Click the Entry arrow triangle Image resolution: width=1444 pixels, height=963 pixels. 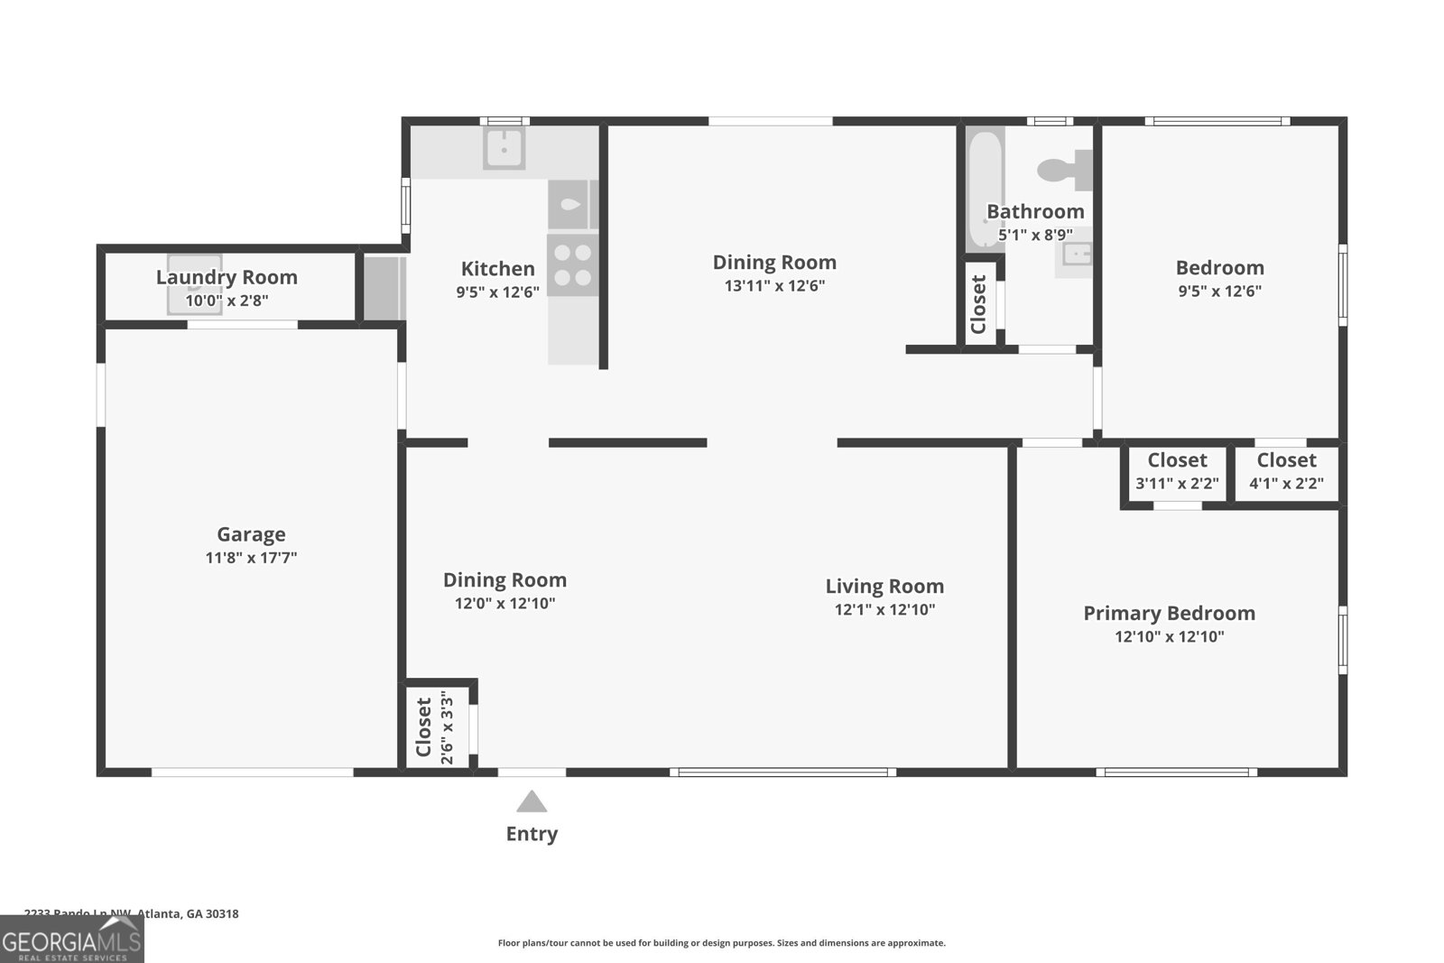tap(532, 802)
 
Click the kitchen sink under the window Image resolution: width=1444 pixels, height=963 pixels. tap(504, 148)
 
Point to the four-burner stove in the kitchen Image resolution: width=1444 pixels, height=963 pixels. tap(572, 265)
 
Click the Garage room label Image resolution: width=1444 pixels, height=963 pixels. tap(251, 534)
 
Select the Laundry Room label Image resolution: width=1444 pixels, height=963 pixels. tap(227, 277)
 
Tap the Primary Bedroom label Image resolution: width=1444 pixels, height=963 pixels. tap(1169, 613)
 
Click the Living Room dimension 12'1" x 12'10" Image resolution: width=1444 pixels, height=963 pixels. tap(884, 609)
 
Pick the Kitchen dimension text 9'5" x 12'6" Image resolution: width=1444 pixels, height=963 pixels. tap(497, 292)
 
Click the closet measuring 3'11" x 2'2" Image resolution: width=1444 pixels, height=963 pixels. tap(1177, 472)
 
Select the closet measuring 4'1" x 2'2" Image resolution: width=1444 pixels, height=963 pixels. tap(1286, 472)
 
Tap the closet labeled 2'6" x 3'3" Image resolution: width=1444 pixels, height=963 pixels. tap(437, 727)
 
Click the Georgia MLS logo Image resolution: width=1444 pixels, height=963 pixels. tap(71, 940)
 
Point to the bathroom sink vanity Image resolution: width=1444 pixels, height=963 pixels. tap(1075, 255)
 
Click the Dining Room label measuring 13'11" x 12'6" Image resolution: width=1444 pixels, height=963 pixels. tap(774, 263)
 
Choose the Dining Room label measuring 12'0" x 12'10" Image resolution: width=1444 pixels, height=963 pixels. tap(504, 580)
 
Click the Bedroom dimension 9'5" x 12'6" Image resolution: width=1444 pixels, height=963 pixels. tap(1219, 291)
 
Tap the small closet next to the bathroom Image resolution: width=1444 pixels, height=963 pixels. tap(979, 303)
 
